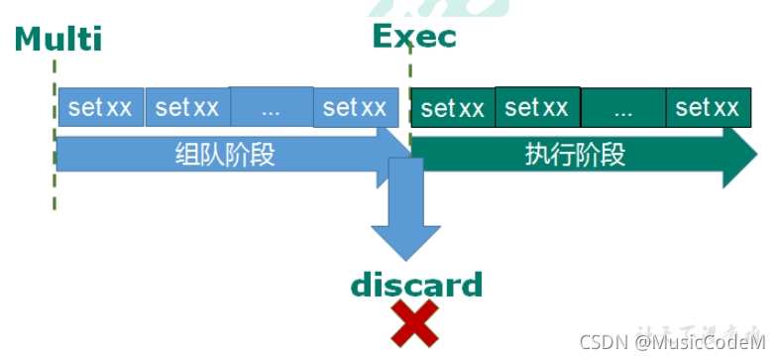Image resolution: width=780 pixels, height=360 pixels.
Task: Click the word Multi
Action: point(58,39)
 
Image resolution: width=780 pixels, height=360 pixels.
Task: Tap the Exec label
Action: point(414,37)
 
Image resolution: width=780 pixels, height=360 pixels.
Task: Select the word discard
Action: point(416,286)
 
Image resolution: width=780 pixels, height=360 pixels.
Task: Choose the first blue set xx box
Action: point(101,107)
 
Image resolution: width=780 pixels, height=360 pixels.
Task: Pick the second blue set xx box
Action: point(187,107)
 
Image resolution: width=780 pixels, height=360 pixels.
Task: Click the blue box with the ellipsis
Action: point(272,107)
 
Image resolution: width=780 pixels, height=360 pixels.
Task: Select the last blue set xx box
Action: point(356,107)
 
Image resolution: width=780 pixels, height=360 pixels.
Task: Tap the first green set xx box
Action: point(453,108)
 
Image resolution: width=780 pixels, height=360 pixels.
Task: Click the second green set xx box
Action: point(537,106)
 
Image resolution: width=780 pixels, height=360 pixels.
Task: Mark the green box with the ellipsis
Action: point(623,108)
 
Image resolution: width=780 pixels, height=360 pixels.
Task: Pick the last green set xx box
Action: point(708,107)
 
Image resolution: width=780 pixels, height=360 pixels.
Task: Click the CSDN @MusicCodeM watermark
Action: point(672,342)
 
